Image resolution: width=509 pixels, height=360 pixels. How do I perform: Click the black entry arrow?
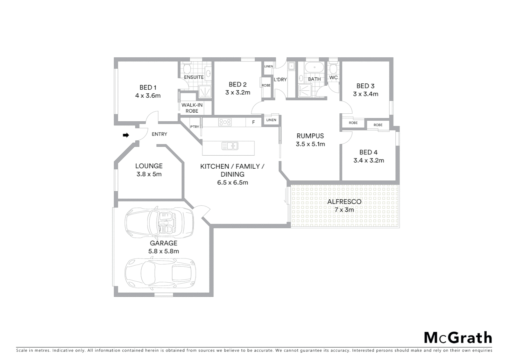pyautogui.click(x=126, y=135)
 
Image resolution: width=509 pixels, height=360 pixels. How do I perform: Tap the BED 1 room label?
pyautogui.click(x=148, y=87)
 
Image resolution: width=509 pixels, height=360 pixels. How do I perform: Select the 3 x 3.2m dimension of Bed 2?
pyautogui.click(x=238, y=93)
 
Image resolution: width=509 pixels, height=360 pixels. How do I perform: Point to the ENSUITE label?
pyautogui.click(x=194, y=77)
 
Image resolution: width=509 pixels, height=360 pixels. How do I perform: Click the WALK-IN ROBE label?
pyautogui.click(x=192, y=108)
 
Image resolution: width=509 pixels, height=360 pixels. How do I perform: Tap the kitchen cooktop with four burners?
pyautogui.click(x=225, y=122)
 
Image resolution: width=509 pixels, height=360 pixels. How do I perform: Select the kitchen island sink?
pyautogui.click(x=230, y=146)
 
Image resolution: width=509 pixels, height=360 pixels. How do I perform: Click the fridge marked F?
pyautogui.click(x=254, y=122)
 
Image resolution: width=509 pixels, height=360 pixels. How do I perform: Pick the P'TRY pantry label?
pyautogui.click(x=195, y=127)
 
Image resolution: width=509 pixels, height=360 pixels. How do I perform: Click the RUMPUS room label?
pyautogui.click(x=310, y=136)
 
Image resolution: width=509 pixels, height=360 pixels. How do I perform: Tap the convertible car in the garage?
pyautogui.click(x=159, y=222)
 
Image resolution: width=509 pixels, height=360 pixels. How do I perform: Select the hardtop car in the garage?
pyautogui.click(x=160, y=273)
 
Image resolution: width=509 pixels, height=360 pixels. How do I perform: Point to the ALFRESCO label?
pyautogui.click(x=344, y=202)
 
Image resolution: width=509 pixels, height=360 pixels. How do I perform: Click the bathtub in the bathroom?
pyautogui.click(x=314, y=68)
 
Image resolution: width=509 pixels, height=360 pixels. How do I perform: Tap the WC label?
pyautogui.click(x=333, y=78)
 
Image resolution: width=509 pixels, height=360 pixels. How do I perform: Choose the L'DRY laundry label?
pyautogui.click(x=280, y=80)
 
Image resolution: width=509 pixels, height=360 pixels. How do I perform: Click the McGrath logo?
pyautogui.click(x=458, y=337)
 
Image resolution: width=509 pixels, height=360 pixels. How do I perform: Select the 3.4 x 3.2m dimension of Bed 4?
pyautogui.click(x=368, y=160)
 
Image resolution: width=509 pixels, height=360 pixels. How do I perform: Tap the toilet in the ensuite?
pyautogui.click(x=187, y=69)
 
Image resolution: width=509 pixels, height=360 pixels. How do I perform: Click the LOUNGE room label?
pyautogui.click(x=149, y=166)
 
